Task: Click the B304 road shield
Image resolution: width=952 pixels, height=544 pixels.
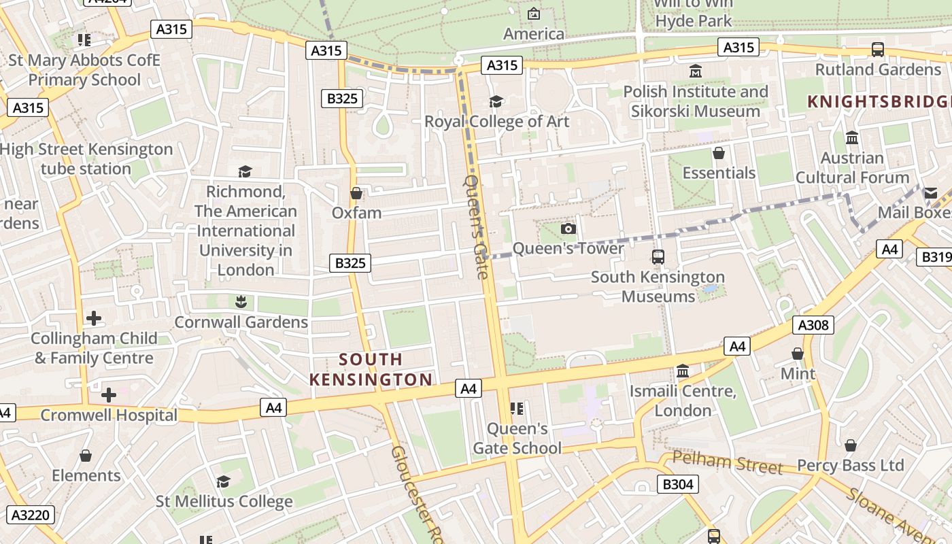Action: (678, 484)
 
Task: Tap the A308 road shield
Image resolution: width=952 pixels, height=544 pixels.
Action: (813, 325)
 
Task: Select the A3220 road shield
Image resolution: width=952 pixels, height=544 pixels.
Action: (30, 515)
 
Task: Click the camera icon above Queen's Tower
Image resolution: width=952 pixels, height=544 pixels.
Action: (568, 229)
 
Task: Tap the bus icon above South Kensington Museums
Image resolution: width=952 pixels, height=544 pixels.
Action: (658, 257)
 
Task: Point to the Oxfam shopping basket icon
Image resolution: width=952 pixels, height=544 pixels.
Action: (356, 194)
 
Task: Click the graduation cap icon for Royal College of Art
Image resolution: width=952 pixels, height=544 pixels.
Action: (496, 102)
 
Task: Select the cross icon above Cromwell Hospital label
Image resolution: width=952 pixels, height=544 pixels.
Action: (108, 395)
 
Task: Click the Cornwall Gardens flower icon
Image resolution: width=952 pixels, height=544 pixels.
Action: (240, 301)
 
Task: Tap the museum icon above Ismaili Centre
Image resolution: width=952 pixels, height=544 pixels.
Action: (683, 371)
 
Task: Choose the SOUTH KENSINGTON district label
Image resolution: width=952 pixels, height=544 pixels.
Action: (371, 369)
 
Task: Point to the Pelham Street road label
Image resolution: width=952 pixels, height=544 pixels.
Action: (727, 463)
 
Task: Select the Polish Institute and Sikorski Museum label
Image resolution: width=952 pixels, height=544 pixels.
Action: (695, 101)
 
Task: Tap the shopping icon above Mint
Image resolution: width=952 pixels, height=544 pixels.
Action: (798, 354)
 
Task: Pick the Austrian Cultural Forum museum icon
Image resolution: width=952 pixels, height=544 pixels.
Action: (852, 138)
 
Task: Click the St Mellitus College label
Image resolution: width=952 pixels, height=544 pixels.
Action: (224, 502)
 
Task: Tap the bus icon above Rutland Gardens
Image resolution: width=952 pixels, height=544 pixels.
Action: (878, 50)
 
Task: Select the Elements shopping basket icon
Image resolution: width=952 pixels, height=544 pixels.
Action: (86, 456)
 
